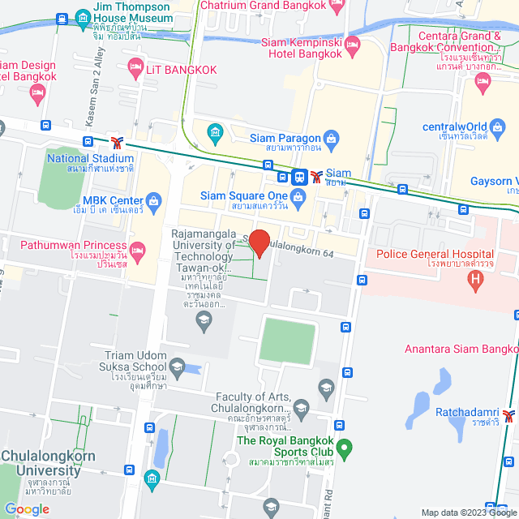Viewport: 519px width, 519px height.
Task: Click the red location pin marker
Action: (x=259, y=242)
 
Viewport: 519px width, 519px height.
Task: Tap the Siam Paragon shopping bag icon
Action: (x=330, y=138)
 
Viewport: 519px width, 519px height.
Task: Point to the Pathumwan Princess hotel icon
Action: (x=137, y=248)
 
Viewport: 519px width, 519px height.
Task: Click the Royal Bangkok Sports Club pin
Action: (x=344, y=447)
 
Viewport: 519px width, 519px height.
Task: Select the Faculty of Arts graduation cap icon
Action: (x=301, y=406)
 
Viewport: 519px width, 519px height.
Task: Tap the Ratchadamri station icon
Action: (x=508, y=417)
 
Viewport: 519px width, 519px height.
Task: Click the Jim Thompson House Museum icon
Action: (x=82, y=17)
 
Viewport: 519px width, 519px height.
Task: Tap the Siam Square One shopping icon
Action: (x=298, y=195)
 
